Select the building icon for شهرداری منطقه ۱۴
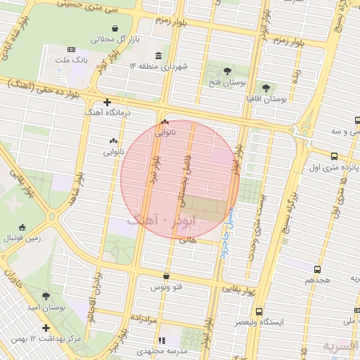(157, 56)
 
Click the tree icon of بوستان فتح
(226, 71)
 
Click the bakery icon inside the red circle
(165, 122)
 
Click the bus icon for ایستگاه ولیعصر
(259, 311)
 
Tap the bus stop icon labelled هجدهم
(319, 269)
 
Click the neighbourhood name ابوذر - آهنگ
(163, 221)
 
